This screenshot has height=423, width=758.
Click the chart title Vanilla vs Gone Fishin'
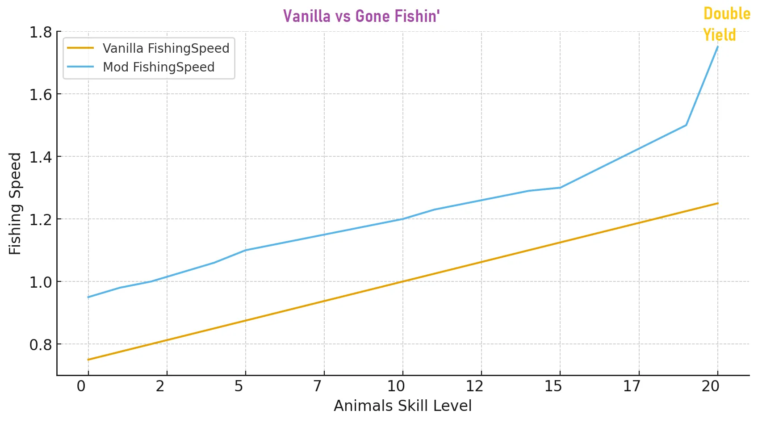[361, 17]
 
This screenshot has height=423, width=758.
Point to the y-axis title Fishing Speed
[15, 204]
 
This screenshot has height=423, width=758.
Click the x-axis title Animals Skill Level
[402, 406]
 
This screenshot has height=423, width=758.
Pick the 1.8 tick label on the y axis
[40, 32]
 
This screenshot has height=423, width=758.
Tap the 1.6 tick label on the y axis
[40, 95]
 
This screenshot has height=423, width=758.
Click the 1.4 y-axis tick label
[40, 157]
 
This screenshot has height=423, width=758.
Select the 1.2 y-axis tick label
[40, 220]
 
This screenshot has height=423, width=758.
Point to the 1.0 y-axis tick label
[40, 282]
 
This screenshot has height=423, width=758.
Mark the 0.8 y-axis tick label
[40, 345]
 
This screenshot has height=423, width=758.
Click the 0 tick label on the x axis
[81, 386]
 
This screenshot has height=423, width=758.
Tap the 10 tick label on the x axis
[396, 386]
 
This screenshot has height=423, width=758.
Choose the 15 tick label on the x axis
[553, 386]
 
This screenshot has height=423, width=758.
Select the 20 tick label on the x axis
[710, 386]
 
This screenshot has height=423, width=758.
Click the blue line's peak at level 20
[717, 46]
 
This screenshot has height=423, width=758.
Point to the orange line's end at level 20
[717, 203]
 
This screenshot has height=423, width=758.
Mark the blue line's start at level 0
[88, 297]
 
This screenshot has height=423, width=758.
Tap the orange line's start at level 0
[88, 360]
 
